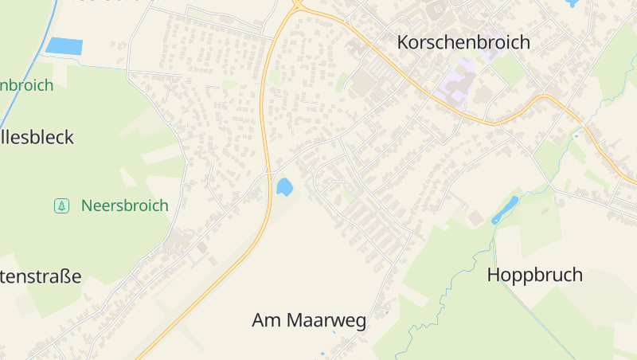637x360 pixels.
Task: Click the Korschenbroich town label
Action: pos(463,42)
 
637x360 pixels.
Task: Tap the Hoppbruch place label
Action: pos(534,276)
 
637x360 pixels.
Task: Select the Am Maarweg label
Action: pos(309,321)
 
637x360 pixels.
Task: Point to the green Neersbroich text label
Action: pos(124,205)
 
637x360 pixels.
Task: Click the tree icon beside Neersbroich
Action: pos(61,205)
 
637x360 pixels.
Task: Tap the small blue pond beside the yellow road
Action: pos(283,187)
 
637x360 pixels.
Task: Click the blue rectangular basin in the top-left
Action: pos(64,46)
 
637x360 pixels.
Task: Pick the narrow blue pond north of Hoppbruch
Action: pos(505,209)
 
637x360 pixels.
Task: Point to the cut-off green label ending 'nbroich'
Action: pos(26,85)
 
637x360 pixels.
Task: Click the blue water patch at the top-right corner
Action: pos(572,3)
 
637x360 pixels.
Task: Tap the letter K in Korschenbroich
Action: pos(404,42)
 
